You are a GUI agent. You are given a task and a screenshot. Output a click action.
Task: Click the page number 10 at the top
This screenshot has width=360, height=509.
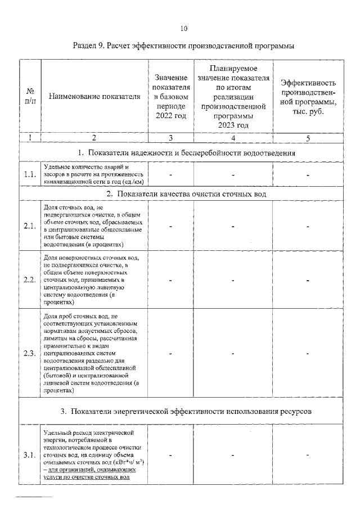point(183,28)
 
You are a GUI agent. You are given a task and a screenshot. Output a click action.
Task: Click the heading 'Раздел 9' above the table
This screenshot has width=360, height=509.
point(183,45)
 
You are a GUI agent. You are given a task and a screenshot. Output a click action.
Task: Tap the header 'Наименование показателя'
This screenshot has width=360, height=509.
point(94,96)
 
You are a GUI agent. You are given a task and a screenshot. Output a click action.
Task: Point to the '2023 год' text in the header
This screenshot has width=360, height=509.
point(233,125)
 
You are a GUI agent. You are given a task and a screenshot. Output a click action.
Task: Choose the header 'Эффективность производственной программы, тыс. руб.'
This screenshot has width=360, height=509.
point(308,96)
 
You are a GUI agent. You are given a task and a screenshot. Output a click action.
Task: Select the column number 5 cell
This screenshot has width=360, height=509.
point(308,137)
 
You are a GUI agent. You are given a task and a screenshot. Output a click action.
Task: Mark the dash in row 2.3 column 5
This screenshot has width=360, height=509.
point(308,354)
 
